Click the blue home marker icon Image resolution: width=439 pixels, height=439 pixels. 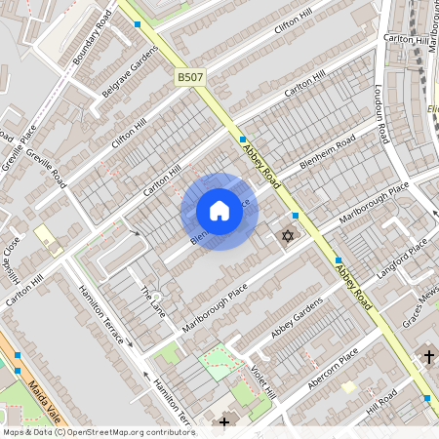coord(219,211)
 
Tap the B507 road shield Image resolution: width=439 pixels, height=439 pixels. coord(191,76)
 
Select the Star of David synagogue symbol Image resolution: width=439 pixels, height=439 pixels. coord(287,236)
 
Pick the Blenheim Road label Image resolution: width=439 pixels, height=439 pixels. coord(327,155)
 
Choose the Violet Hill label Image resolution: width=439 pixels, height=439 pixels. coord(262,381)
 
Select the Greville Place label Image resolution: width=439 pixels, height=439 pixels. coord(19,145)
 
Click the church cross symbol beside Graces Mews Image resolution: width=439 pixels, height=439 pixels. coord(429,357)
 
